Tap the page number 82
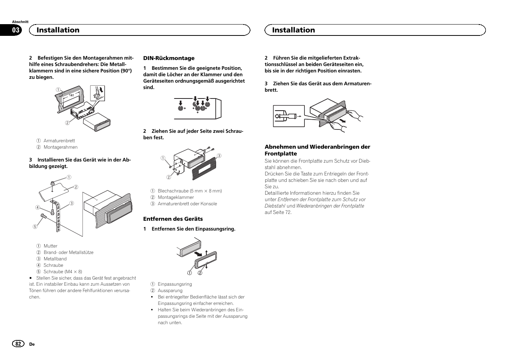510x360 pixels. [18, 344]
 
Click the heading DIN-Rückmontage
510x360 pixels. [169, 58]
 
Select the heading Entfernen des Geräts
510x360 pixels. [173, 219]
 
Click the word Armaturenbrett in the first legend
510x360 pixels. [59, 141]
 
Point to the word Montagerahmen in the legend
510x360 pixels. [60, 147]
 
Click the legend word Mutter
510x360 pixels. [51, 246]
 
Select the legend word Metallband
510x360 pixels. [55, 259]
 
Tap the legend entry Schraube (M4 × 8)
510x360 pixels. [63, 272]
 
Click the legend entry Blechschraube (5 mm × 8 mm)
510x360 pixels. [190, 191]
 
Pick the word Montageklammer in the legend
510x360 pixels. [176, 197]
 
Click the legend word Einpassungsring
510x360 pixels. [175, 284]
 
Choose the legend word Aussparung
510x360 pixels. [170, 291]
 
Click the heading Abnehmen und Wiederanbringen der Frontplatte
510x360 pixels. [317, 150]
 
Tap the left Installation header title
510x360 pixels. [58, 30]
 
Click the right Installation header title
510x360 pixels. [293, 30]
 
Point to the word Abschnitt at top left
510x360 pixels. [20, 22]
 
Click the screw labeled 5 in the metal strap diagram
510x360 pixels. [43, 216]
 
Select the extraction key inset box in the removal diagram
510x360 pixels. [289, 116]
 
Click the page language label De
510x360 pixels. [32, 344]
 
